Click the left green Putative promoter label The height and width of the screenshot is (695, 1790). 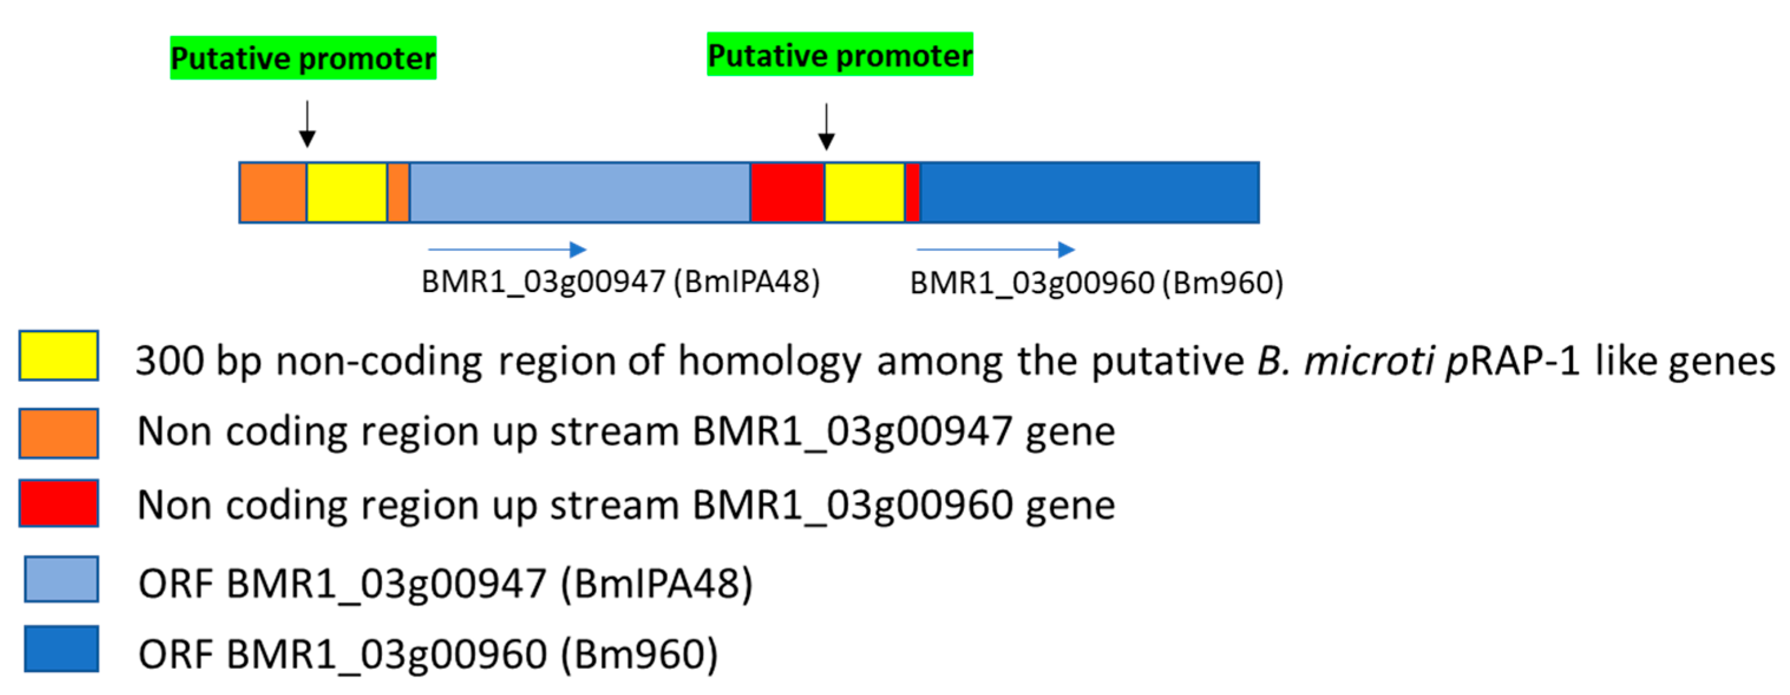[303, 58]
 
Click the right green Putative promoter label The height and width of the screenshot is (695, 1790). [840, 55]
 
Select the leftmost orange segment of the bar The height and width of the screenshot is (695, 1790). [273, 192]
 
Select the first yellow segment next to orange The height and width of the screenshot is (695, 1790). [347, 192]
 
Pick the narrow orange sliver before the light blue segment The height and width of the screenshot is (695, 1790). [398, 192]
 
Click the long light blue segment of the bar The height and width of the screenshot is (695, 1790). [579, 192]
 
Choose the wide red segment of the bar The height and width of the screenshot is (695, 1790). [787, 192]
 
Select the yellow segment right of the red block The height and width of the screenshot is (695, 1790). [864, 192]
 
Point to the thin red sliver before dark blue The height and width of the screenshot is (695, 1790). [912, 192]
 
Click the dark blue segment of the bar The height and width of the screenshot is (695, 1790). [1089, 192]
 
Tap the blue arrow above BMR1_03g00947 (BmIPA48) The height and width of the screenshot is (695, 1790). [507, 250]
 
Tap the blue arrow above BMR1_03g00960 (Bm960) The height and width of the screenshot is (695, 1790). [996, 250]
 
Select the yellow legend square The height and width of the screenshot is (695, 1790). [59, 356]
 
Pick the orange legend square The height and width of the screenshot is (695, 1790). [59, 434]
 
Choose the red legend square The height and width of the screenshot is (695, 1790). [59, 503]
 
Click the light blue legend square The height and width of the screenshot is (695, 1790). [61, 579]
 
